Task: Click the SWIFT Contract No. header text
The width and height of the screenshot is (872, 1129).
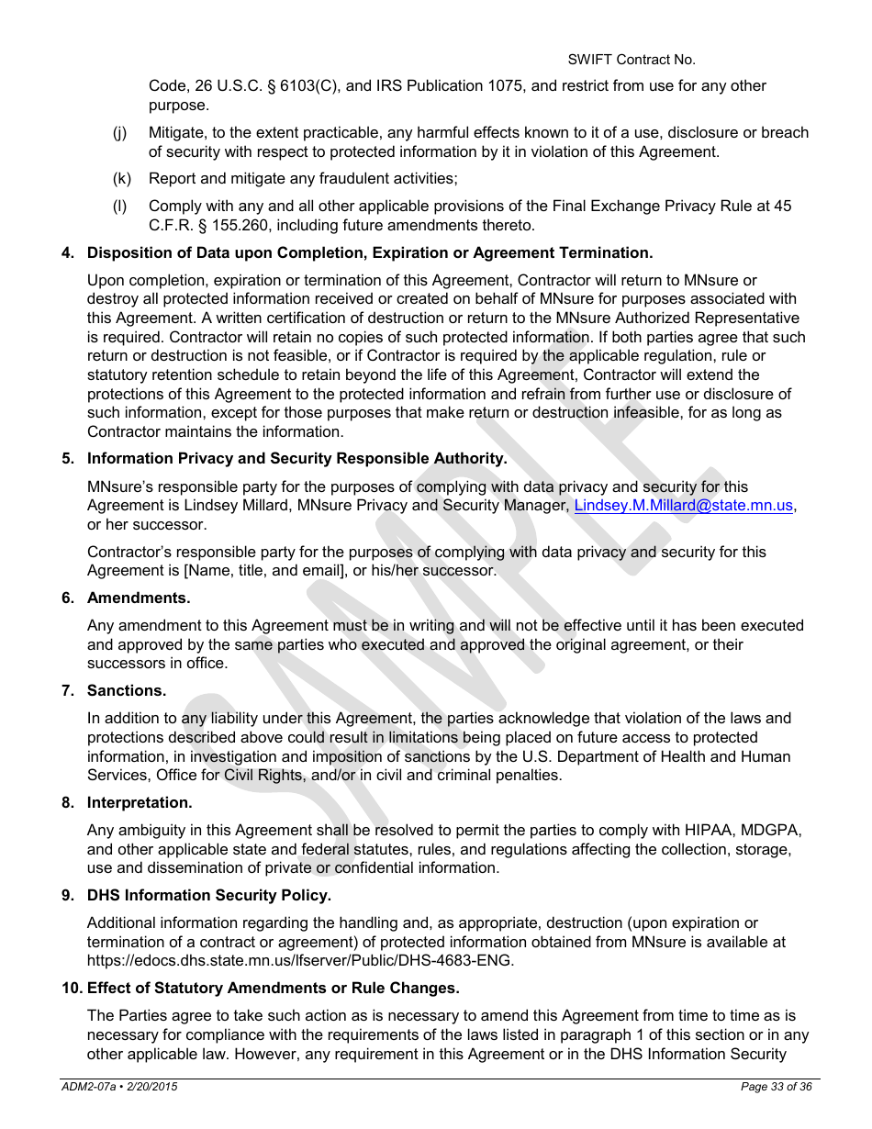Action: (x=631, y=60)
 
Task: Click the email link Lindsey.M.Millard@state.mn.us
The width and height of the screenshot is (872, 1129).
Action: (x=684, y=506)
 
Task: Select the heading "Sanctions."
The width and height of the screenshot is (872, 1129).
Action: (x=127, y=690)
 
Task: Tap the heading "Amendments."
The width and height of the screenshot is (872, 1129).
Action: (x=139, y=598)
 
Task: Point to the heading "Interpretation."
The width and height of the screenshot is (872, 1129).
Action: (x=140, y=802)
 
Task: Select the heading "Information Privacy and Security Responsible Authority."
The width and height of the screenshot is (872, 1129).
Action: (x=296, y=458)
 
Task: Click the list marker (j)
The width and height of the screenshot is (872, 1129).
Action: (x=120, y=133)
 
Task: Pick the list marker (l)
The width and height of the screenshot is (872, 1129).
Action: (x=119, y=207)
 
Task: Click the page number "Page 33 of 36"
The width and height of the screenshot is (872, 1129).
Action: (x=776, y=1087)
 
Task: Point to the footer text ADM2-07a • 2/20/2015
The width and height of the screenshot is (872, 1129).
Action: (x=119, y=1087)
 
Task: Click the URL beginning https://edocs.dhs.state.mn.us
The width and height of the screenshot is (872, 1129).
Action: (x=300, y=961)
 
